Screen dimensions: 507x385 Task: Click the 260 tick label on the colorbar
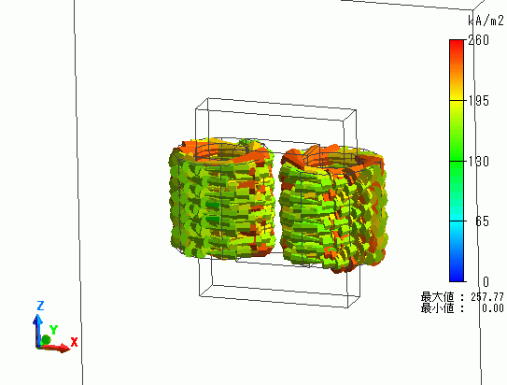click(479, 40)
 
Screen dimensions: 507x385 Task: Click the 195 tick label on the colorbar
click(479, 101)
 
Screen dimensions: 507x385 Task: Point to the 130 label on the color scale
click(479, 161)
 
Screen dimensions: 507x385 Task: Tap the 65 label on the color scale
click(482, 221)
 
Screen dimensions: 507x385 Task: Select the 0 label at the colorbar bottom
click(486, 282)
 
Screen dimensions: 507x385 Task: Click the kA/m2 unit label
click(486, 21)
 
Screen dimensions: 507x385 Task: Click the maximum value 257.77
click(487, 296)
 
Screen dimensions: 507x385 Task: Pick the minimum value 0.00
click(493, 308)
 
